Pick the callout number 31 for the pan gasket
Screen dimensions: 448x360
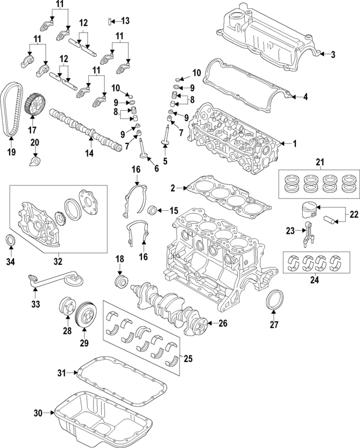[62, 373]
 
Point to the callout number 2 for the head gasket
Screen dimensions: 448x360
[174, 188]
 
